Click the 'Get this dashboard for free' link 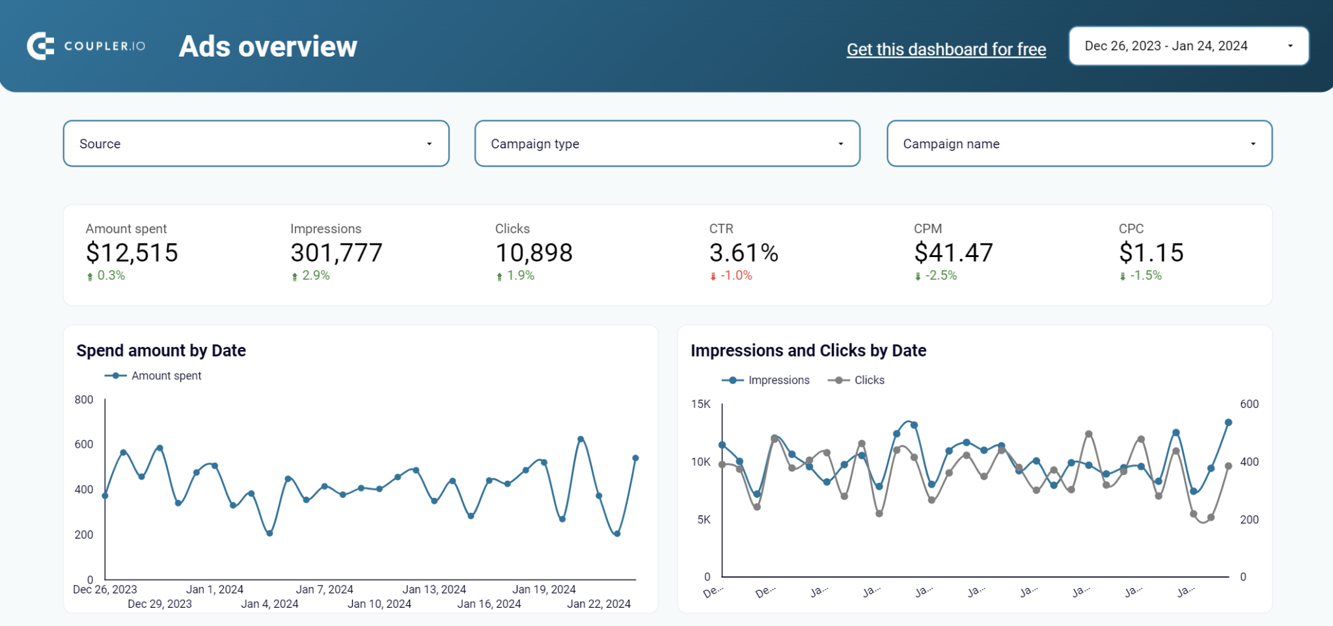[x=946, y=49]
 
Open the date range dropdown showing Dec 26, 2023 [x=1188, y=46]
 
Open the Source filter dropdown [x=256, y=144]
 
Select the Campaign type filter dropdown [x=667, y=144]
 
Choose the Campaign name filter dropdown [x=1079, y=144]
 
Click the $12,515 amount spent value [x=132, y=252]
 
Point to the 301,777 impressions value [x=336, y=252]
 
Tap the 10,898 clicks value [x=534, y=252]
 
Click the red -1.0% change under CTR [x=735, y=276]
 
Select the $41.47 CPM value [x=953, y=252]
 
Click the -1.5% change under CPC [x=1145, y=276]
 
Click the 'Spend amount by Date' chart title [x=161, y=351]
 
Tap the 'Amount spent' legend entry [x=165, y=376]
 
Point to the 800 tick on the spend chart [x=84, y=400]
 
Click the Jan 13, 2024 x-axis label [x=434, y=590]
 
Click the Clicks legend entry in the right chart [x=868, y=380]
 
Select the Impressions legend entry [x=778, y=380]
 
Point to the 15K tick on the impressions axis [x=701, y=404]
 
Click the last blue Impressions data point [x=1228, y=422]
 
